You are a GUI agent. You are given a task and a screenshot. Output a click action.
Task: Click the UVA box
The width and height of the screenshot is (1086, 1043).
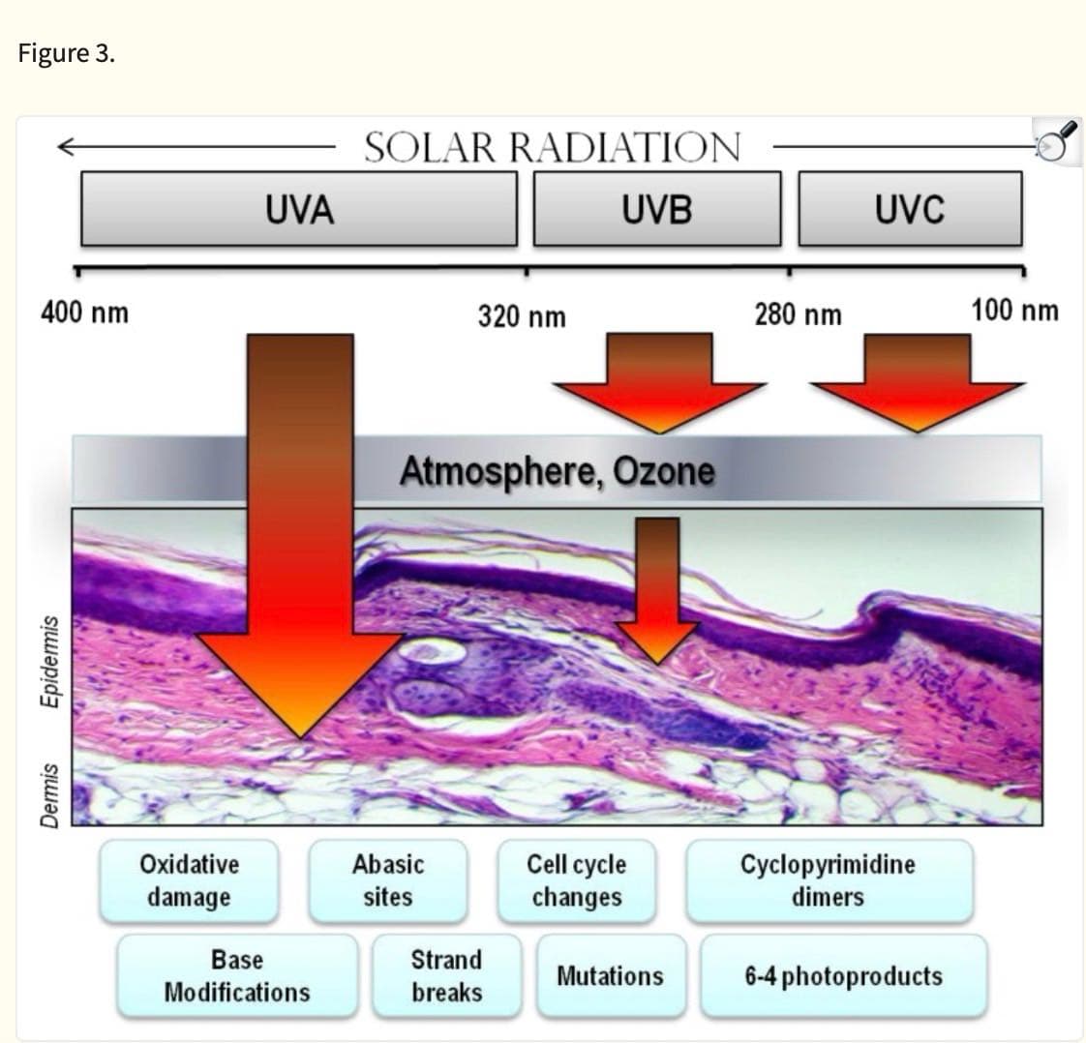pos(299,209)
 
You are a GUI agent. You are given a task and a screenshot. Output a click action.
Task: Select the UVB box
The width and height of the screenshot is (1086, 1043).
pos(657,209)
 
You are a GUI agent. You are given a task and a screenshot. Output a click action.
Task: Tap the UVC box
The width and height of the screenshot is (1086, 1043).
pos(910,209)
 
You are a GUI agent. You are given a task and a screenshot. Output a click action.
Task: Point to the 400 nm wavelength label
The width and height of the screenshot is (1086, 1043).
pos(84,313)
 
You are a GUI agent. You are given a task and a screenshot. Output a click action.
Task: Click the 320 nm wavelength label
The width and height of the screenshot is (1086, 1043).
pos(523,316)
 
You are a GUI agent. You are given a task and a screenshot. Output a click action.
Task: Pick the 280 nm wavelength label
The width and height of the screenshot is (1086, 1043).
pos(799,314)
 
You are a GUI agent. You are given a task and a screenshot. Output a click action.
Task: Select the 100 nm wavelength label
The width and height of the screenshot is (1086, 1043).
pos(1014,310)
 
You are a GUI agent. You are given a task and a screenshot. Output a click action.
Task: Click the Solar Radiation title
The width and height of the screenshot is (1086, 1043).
pos(553,147)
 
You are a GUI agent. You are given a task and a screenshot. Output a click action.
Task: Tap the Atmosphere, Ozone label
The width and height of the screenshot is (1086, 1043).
pos(558,471)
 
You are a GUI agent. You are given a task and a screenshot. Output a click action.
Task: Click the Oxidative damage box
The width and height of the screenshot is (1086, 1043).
pos(189,881)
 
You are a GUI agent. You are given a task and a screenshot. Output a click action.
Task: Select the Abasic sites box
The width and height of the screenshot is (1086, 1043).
pos(388,881)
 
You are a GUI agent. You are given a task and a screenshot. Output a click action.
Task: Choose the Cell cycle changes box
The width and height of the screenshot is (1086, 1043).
pos(576,881)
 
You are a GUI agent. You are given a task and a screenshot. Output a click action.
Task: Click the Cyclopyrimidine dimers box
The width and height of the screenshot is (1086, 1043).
pos(830,881)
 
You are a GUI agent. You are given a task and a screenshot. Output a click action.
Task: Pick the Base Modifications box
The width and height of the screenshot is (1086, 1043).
pos(237,976)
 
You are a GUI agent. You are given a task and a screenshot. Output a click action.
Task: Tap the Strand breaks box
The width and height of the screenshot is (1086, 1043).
pos(447,976)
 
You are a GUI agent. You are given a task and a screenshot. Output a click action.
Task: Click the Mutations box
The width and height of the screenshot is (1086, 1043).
pos(611,976)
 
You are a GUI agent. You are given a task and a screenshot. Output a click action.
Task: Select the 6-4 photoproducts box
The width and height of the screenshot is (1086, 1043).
pos(844,976)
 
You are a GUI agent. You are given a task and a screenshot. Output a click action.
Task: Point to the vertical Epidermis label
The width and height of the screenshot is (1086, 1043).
pos(49,661)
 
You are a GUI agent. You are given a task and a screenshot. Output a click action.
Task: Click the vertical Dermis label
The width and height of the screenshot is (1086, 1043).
pos(49,796)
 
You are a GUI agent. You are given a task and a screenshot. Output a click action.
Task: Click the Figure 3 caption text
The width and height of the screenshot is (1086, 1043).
pos(67,53)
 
